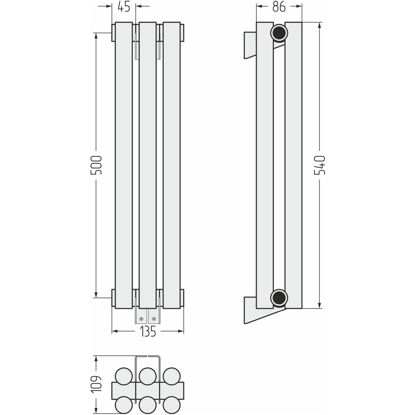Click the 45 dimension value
(124, 7)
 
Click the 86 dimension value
(279, 7)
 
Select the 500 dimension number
(96, 165)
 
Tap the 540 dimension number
(320, 165)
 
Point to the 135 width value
(148, 331)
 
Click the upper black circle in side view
(279, 33)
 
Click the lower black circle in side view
(279, 298)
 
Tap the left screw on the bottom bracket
(141, 319)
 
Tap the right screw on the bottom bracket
(154, 319)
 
